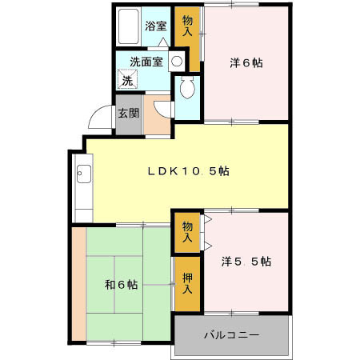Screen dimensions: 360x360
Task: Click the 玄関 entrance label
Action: pyautogui.click(x=129, y=113)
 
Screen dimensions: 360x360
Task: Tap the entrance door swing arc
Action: pyautogui.click(x=98, y=118)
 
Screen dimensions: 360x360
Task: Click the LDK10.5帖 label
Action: pyautogui.click(x=188, y=170)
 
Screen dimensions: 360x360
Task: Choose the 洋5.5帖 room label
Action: pyautogui.click(x=246, y=262)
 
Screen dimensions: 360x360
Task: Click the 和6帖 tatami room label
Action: pyautogui.click(x=120, y=284)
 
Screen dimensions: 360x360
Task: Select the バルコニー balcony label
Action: pyautogui.click(x=230, y=334)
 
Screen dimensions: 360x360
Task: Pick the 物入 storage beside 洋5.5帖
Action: pyautogui.click(x=187, y=232)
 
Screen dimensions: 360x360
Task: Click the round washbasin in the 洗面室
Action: pyautogui.click(x=176, y=61)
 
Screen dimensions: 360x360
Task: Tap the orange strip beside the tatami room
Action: pyautogui.click(x=78, y=284)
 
